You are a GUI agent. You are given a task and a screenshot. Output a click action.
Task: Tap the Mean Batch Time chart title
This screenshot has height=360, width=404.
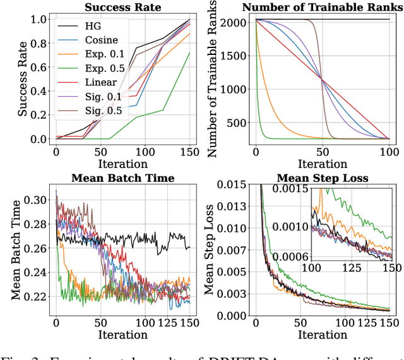[x=122, y=178]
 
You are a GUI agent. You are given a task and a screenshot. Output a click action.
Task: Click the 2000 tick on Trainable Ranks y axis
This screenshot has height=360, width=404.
[x=234, y=24]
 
